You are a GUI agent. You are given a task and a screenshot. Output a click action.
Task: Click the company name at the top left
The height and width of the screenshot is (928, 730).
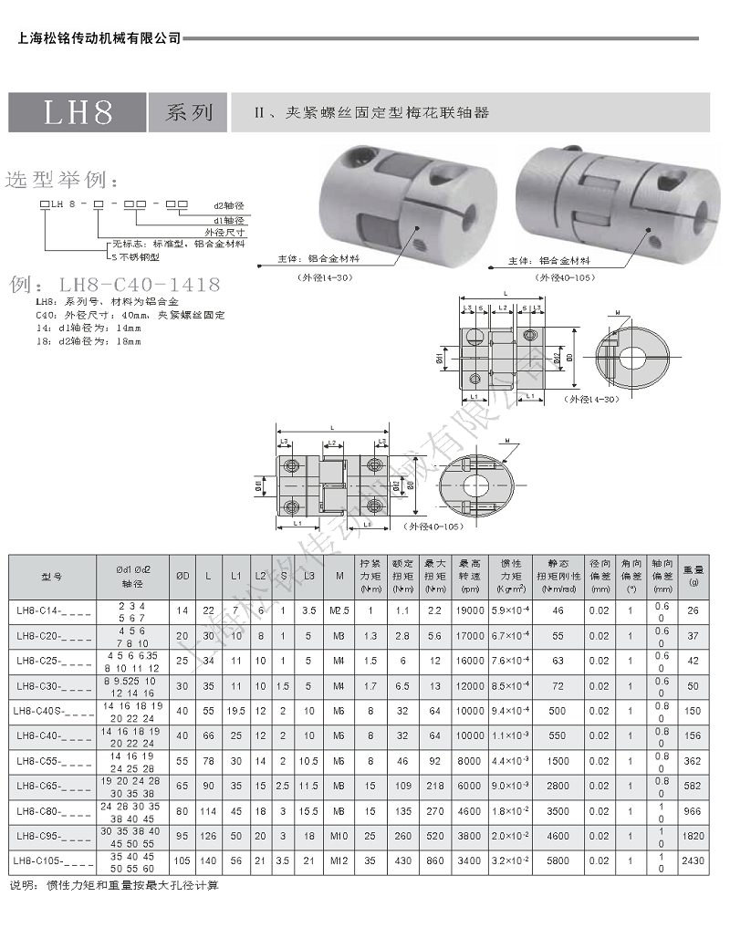[x=99, y=38]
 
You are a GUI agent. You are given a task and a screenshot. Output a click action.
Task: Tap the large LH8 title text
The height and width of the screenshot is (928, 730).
[x=78, y=112]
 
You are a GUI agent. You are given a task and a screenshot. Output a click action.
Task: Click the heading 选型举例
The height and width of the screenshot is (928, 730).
[x=61, y=178]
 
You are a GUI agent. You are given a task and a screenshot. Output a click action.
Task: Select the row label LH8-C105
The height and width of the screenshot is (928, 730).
[x=54, y=860]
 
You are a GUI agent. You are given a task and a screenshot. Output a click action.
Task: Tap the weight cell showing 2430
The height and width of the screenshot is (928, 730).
[x=693, y=860]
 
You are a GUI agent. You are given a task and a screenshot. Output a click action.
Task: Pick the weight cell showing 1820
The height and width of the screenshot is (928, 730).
[x=693, y=835]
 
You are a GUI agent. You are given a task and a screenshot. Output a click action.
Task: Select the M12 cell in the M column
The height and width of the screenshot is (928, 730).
[x=339, y=860]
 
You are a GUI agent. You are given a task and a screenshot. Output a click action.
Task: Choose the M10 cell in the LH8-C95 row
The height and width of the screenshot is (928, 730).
[x=339, y=835]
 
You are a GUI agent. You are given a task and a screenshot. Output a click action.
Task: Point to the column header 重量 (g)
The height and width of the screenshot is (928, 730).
[x=693, y=576]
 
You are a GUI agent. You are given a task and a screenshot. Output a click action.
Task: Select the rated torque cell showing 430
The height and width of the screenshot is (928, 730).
[x=402, y=860]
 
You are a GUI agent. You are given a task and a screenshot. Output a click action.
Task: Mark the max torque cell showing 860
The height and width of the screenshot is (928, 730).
[x=435, y=860]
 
